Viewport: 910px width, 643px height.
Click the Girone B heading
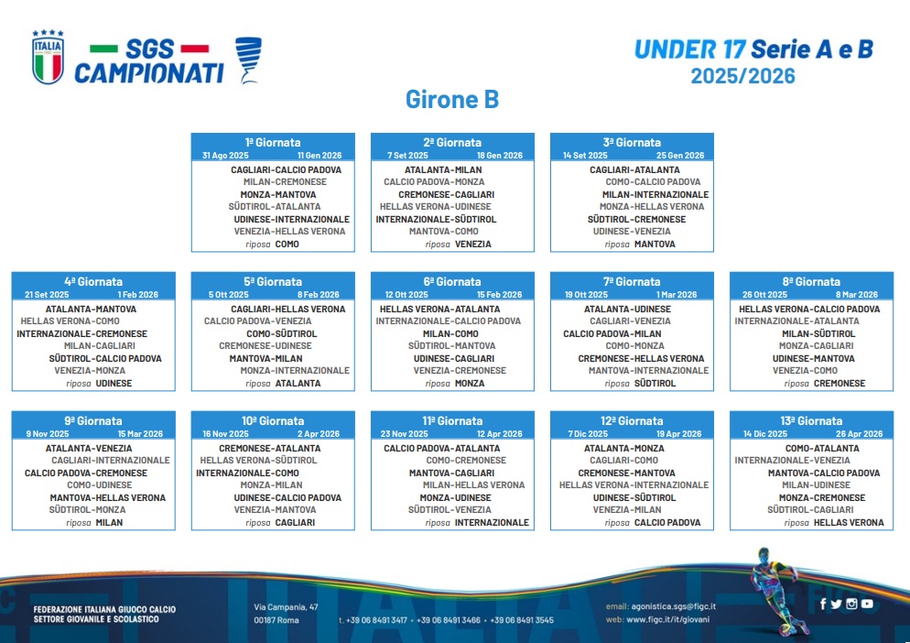tap(452, 99)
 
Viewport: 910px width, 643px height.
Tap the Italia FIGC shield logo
tap(48, 57)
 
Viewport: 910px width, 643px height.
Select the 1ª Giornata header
tap(273, 142)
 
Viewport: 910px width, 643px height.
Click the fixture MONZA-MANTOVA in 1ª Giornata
tap(278, 194)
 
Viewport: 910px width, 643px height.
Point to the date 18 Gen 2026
tap(500, 156)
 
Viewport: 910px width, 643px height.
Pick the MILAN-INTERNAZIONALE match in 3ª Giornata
tap(655, 194)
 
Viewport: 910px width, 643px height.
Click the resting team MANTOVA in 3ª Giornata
tap(655, 244)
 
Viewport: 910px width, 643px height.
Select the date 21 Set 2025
tap(47, 295)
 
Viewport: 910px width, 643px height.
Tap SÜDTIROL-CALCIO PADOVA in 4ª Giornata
tap(105, 358)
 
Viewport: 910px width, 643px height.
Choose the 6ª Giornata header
tap(452, 282)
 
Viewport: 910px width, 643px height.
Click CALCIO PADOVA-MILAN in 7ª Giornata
tap(612, 334)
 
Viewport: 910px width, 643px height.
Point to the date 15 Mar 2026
tap(140, 434)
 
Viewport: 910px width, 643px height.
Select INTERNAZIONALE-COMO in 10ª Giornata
tap(247, 474)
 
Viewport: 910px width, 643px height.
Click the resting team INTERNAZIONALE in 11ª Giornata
tap(492, 523)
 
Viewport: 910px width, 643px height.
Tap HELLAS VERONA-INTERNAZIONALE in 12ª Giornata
tap(634, 485)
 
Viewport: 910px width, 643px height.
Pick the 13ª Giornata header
tap(811, 421)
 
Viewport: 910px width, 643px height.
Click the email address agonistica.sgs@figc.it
tap(673, 606)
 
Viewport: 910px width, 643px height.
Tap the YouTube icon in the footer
tap(867, 605)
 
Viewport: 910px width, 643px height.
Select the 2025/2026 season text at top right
tap(742, 76)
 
